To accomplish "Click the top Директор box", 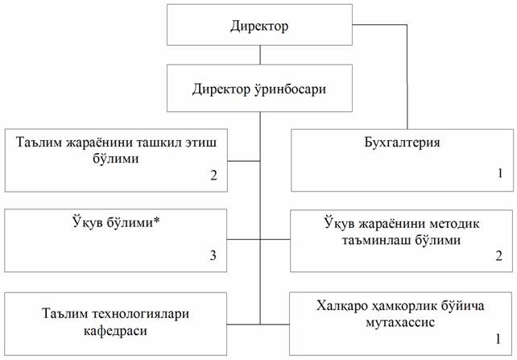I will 258,27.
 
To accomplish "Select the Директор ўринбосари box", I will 258,89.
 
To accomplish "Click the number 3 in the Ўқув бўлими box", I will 213,255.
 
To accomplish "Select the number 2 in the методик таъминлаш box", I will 498,256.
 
